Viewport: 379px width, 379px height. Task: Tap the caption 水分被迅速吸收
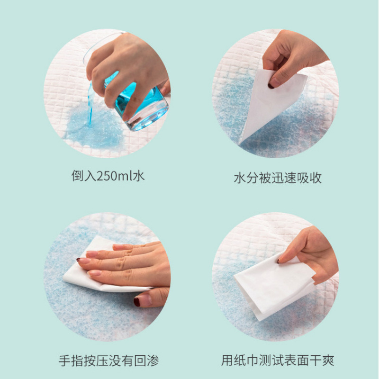coord(278,178)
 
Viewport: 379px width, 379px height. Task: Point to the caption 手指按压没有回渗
coord(108,361)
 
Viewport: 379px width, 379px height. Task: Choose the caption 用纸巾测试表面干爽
coord(278,361)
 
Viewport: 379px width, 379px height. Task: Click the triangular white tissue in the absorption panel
coord(270,104)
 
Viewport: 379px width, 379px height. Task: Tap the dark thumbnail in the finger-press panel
coord(137,301)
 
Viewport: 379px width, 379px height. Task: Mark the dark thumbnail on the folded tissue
coord(279,260)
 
